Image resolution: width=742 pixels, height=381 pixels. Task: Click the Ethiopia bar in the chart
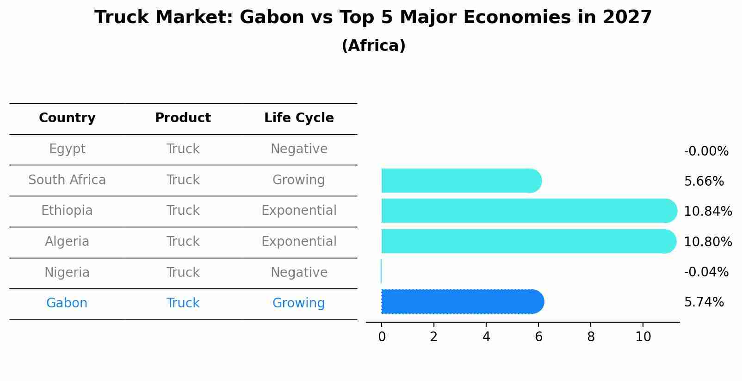[529, 211]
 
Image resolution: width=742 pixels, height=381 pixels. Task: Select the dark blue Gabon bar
[463, 301]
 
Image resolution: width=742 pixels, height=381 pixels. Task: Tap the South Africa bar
[462, 181]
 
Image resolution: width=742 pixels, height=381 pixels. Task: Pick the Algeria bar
[529, 241]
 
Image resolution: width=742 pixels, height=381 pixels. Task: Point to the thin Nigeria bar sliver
[381, 271]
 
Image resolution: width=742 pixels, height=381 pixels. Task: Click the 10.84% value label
[708, 211]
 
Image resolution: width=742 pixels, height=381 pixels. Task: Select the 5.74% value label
[704, 302]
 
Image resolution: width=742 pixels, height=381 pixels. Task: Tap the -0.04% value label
[706, 272]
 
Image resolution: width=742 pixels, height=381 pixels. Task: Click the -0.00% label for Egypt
[706, 151]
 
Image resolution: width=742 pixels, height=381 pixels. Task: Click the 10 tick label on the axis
[643, 337]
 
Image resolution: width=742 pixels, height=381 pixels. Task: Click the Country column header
[67, 118]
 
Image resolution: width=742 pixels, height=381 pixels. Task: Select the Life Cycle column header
[299, 118]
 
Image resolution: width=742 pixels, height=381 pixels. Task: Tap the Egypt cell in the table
[67, 149]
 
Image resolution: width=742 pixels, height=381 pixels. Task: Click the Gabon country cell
[67, 303]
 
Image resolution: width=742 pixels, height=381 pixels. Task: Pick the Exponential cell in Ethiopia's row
[299, 211]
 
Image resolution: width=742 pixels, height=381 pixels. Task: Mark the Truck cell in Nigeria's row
[183, 272]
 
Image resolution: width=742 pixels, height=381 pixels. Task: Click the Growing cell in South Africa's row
[298, 180]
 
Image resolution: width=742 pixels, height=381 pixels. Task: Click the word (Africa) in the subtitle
[374, 45]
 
